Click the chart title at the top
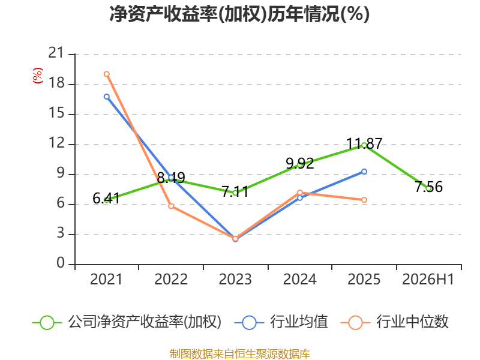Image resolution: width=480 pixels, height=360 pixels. tap(239, 14)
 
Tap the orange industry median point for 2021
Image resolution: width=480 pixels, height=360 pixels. tap(107, 74)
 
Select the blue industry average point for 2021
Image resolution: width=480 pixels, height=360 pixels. tap(107, 97)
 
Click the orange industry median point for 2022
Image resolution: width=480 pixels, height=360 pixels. tap(171, 206)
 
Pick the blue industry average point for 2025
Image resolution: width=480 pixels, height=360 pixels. tap(364, 172)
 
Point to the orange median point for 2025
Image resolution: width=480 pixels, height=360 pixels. tap(364, 200)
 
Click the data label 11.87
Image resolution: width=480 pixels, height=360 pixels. tap(364, 143)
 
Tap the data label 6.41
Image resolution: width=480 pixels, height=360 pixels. tap(106, 199)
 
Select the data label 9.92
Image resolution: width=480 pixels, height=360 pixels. tap(299, 163)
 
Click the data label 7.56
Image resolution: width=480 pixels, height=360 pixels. tap(428, 187)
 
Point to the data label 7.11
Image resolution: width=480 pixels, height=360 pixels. tap(235, 192)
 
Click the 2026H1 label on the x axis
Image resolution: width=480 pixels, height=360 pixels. tap(428, 279)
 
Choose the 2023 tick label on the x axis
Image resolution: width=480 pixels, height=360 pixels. tap(235, 279)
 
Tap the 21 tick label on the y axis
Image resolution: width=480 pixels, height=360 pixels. tap(56, 53)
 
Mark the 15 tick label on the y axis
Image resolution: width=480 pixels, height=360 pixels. tap(56, 113)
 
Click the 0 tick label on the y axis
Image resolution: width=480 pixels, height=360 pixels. tap(61, 263)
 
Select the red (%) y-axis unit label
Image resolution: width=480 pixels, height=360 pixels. tap(38, 76)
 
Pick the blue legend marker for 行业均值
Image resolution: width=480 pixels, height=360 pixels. tap(249, 323)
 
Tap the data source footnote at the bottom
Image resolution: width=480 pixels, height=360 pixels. tap(240, 354)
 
